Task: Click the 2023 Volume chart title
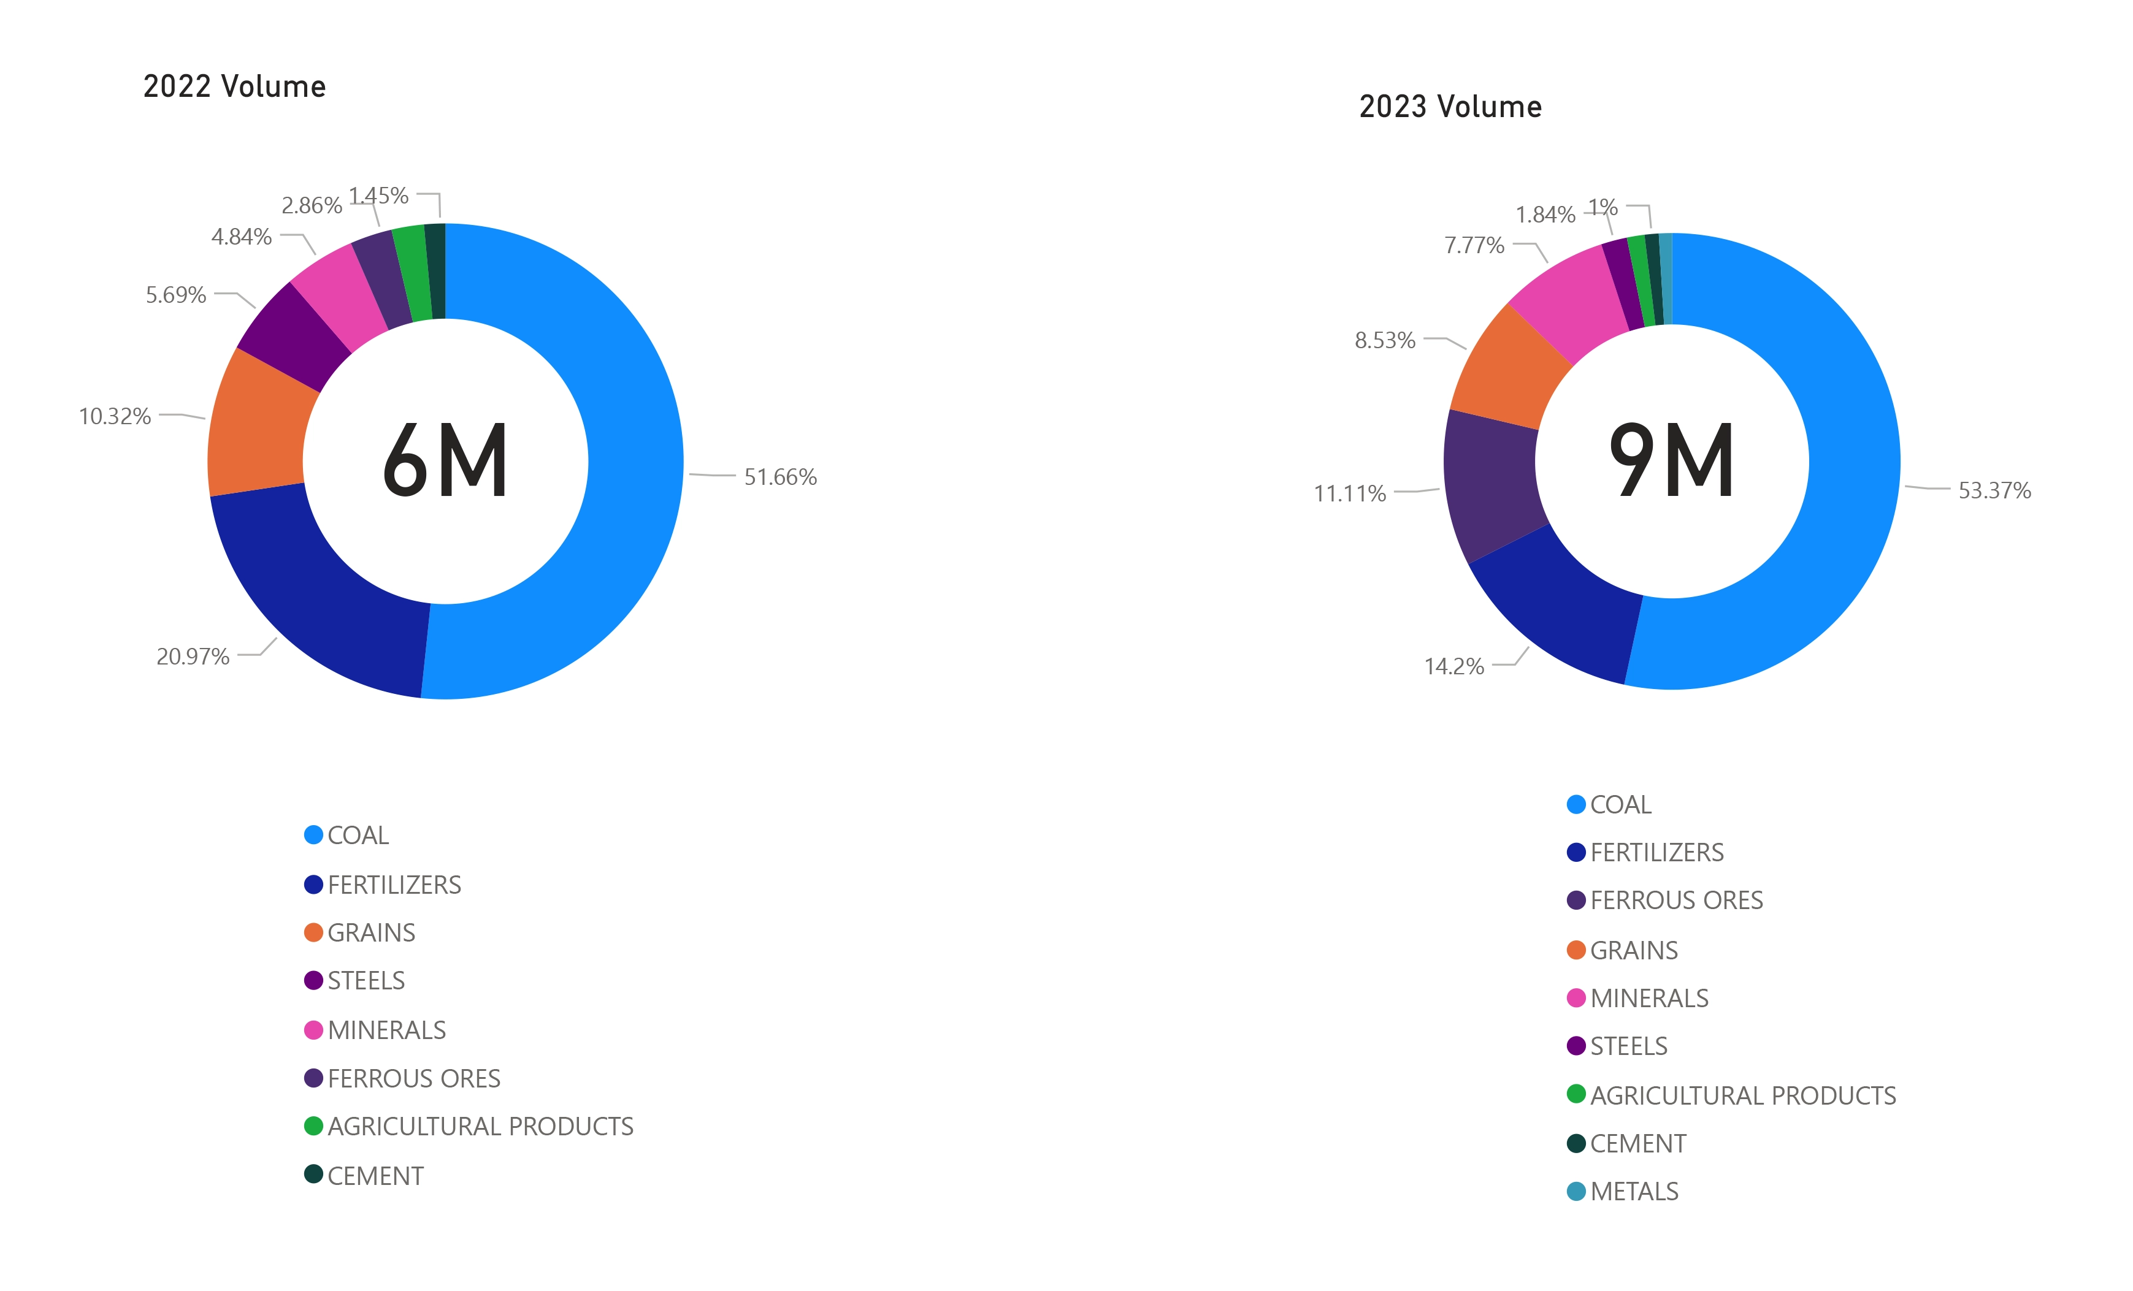(x=1450, y=107)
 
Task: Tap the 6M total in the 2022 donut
(x=445, y=461)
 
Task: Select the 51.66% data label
(x=780, y=477)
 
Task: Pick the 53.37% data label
(x=1994, y=490)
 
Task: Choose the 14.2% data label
(x=1453, y=666)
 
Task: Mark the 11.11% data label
(x=1350, y=494)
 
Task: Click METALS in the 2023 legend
(x=1634, y=1192)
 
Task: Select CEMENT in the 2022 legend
(x=375, y=1176)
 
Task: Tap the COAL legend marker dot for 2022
(x=313, y=835)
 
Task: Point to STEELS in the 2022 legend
(x=366, y=980)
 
